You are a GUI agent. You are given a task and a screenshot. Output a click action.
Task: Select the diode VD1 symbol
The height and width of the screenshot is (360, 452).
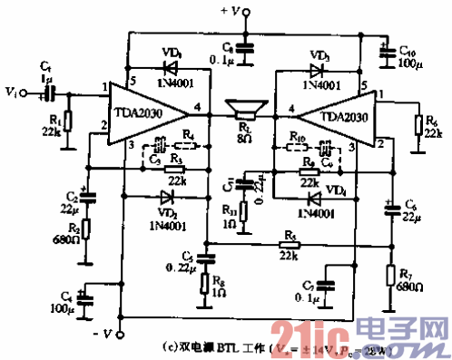[169, 66]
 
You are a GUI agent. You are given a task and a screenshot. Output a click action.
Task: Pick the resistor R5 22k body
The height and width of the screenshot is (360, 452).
[289, 244]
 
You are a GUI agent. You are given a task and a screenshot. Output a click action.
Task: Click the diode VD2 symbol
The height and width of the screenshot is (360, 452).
[166, 196]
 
